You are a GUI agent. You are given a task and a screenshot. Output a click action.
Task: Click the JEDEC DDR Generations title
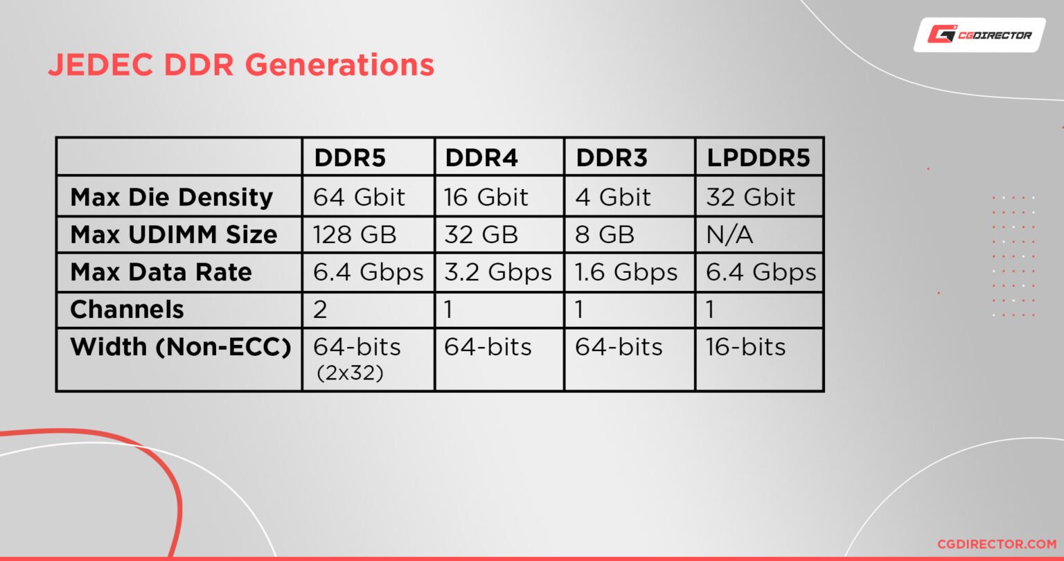[241, 65]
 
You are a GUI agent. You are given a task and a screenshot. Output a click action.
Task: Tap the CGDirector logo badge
[979, 35]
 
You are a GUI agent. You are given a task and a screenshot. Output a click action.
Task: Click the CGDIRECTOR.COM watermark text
[996, 544]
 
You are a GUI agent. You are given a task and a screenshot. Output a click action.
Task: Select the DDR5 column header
[350, 159]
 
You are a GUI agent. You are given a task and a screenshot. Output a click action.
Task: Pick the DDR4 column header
[481, 159]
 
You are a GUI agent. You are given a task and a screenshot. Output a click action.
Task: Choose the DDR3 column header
[611, 159]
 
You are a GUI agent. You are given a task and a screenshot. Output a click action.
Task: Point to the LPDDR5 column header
[758, 159]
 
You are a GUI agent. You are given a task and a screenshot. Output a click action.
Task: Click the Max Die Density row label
[172, 197]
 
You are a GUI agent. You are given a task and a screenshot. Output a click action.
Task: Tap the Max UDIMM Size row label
[174, 235]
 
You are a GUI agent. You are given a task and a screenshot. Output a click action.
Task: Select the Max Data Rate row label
[161, 272]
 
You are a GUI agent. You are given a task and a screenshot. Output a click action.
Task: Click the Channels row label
[127, 310]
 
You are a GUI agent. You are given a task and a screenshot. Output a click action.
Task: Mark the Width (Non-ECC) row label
[180, 347]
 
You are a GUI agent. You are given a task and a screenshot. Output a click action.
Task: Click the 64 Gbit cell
[359, 197]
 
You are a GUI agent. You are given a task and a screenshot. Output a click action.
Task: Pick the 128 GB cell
[355, 235]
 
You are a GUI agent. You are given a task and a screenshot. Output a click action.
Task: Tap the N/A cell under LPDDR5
[729, 235]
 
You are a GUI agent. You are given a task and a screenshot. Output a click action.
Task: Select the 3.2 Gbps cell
[498, 272]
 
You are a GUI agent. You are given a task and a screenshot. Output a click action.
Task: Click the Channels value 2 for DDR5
[320, 310]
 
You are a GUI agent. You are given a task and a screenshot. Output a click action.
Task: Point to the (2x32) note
[349, 373]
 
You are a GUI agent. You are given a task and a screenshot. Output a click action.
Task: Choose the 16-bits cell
[745, 347]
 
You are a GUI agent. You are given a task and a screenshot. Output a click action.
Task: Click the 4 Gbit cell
[613, 197]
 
